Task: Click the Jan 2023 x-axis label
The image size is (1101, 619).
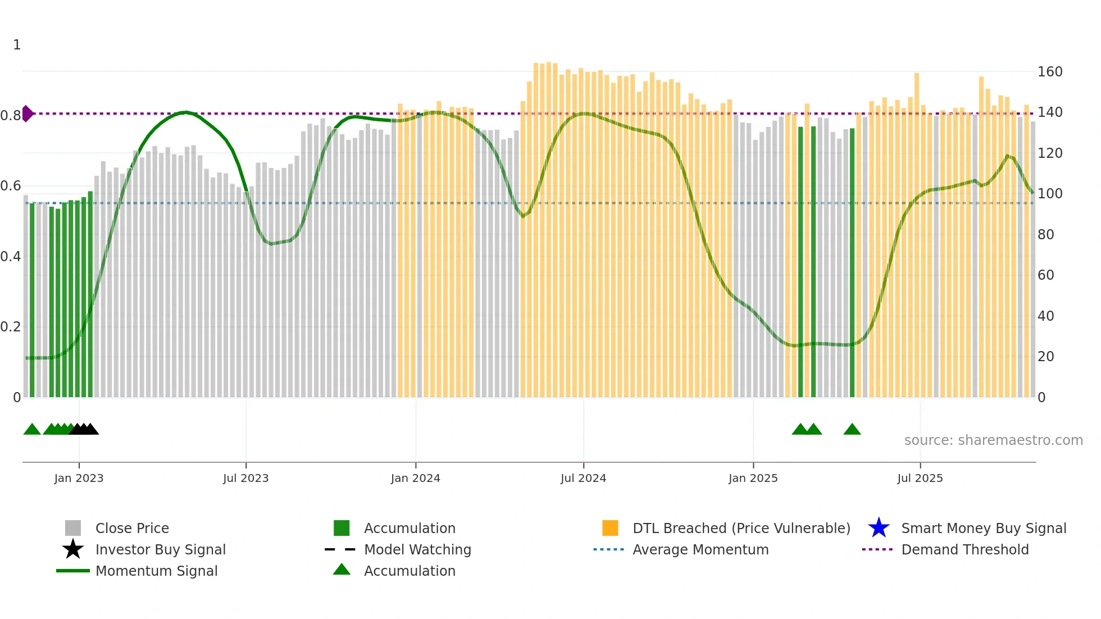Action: (79, 479)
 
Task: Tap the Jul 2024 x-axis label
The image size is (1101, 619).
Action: (583, 479)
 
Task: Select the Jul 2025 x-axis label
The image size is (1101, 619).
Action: (920, 479)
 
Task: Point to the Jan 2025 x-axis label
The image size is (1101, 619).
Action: (753, 479)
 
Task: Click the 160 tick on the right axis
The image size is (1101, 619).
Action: (1049, 72)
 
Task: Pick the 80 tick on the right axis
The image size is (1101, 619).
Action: (1045, 235)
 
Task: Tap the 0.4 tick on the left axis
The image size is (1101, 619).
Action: (11, 257)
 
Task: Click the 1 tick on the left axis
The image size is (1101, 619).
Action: (17, 45)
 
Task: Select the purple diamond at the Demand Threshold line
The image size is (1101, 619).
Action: (28, 113)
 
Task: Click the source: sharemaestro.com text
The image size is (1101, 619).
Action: (993, 440)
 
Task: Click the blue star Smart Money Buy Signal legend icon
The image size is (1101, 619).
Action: (879, 529)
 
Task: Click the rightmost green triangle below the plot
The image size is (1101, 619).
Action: (852, 430)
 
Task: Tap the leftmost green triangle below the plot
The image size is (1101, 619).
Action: (32, 430)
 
